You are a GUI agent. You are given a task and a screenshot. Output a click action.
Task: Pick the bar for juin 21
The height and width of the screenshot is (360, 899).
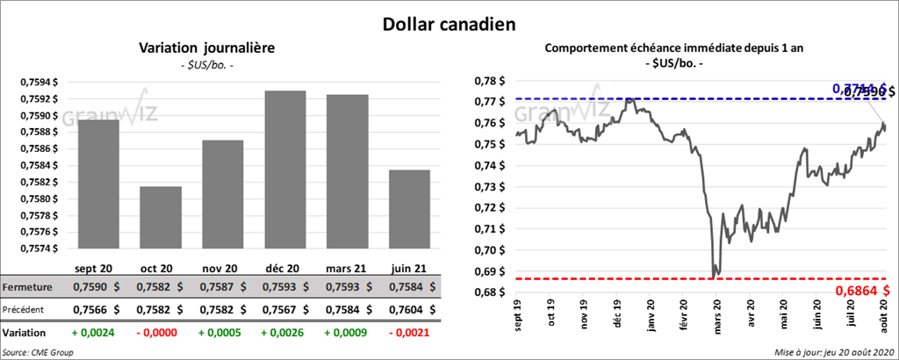[x=409, y=208]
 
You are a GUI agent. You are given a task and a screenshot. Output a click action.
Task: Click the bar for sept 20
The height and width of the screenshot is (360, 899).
[x=98, y=184]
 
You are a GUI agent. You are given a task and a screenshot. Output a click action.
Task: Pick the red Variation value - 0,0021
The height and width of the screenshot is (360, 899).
[x=408, y=333]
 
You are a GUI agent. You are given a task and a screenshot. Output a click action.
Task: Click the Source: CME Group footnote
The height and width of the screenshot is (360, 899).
[x=38, y=351]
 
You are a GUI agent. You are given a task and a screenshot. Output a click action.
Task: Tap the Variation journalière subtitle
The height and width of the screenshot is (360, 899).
[x=207, y=49]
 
